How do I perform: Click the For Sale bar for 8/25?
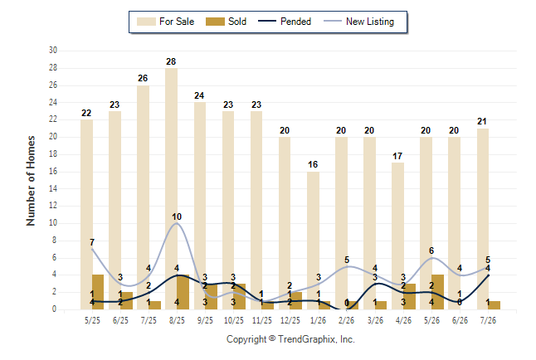point(171,189)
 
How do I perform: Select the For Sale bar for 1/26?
point(313,241)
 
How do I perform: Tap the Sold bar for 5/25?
point(98,292)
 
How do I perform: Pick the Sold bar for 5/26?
point(437,292)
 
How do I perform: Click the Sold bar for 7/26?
point(495,305)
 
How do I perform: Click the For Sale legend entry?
point(165,22)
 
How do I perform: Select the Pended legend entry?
point(285,22)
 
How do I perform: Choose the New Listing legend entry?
point(358,22)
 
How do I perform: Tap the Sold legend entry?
point(226,22)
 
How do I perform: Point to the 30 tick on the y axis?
point(53,51)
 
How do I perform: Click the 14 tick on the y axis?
point(53,188)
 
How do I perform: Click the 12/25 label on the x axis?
point(290,320)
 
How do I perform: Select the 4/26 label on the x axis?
point(403,320)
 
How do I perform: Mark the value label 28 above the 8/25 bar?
point(171,61)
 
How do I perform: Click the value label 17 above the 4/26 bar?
point(397,156)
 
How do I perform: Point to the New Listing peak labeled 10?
point(177,223)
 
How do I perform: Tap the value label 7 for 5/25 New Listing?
point(92,242)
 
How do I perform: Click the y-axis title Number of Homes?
point(31,181)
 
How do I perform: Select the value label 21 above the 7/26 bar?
point(481,121)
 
